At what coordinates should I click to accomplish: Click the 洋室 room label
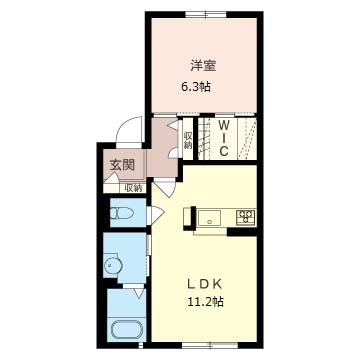pyautogui.click(x=203, y=66)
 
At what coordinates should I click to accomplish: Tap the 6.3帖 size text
pyautogui.click(x=195, y=87)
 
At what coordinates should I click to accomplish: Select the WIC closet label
pyautogui.click(x=223, y=138)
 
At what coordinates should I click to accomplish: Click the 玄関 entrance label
pyautogui.click(x=122, y=165)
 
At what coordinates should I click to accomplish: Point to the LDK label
pyautogui.click(x=204, y=284)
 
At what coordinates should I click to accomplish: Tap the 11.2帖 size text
pyautogui.click(x=205, y=302)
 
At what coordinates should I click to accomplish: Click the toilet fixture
pyautogui.click(x=122, y=213)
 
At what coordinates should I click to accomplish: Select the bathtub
pyautogui.click(x=127, y=330)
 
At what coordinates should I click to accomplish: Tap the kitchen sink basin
pyautogui.click(x=209, y=218)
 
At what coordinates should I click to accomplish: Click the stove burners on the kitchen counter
pyautogui.click(x=246, y=217)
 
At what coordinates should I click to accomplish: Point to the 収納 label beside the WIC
pyautogui.click(x=188, y=140)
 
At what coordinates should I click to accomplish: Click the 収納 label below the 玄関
pyautogui.click(x=133, y=188)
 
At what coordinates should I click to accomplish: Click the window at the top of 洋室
pyautogui.click(x=206, y=14)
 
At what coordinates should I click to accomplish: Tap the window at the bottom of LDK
pyautogui.click(x=210, y=345)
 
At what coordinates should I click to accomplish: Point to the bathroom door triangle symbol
pyautogui.click(x=138, y=293)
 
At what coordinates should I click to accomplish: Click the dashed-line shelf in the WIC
pyautogui.click(x=247, y=139)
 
